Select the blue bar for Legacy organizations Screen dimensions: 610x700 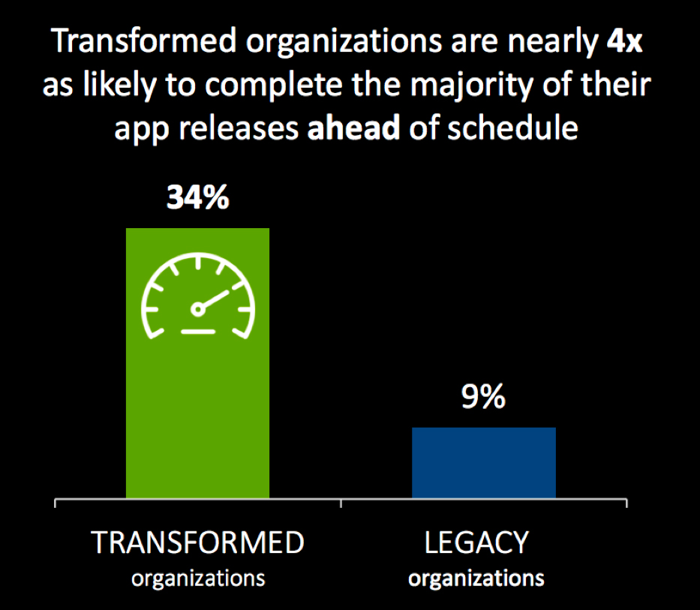coord(484,462)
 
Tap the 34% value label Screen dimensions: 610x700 coord(197,199)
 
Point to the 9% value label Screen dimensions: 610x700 coord(484,398)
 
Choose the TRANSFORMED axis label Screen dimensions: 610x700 coord(198,542)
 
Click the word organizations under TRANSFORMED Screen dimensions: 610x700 coord(198,578)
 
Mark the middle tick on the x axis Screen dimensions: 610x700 coord(341,500)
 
